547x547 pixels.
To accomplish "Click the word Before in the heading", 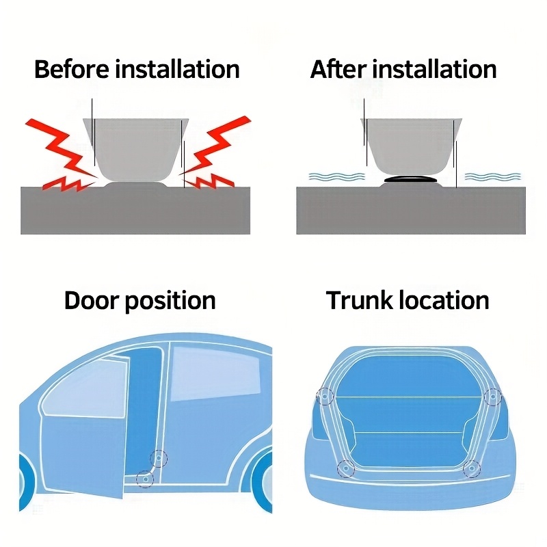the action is (x=72, y=69).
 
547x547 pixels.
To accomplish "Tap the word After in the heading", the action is (x=338, y=69).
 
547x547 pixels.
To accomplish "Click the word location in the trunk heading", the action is (x=444, y=300).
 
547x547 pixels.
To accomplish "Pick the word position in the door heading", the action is (x=170, y=302).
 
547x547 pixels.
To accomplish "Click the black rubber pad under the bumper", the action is (x=410, y=179).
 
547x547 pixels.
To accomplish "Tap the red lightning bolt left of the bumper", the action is (x=61, y=155).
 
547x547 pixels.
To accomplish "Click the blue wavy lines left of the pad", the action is (x=336, y=176).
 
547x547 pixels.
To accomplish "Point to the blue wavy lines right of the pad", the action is (x=492, y=176).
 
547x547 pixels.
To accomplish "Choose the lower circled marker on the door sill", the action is (x=145, y=479).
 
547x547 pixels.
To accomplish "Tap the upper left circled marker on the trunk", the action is (x=325, y=397).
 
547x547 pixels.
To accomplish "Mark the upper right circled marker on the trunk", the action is (x=493, y=397).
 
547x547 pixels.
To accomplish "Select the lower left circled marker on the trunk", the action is (x=346, y=468).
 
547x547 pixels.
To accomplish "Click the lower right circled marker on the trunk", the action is (x=472, y=468).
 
